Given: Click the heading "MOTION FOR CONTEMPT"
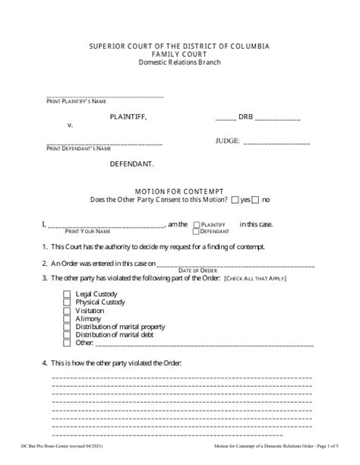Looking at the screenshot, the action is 180,190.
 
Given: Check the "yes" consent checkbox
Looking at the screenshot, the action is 235,200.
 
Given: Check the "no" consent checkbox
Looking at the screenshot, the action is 255,200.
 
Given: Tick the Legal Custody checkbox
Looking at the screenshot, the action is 67,293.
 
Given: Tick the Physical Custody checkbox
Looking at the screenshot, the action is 67,302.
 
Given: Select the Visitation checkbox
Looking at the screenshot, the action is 67,310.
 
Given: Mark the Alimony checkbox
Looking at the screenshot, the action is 67,319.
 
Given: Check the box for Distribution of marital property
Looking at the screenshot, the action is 67,327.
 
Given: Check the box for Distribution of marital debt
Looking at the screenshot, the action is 67,336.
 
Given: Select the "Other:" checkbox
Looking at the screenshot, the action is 67,345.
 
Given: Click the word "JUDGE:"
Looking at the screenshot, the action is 228,141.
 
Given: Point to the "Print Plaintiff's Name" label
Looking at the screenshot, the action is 76,101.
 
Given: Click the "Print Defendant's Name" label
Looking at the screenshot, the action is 78,149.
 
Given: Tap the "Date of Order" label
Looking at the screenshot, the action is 197,270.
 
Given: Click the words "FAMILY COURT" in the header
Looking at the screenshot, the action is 180,54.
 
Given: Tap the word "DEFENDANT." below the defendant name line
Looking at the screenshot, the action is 132,164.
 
